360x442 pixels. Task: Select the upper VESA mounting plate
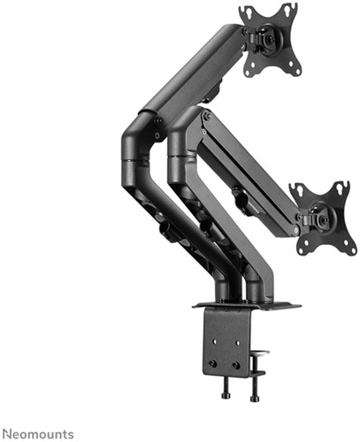point(269,40)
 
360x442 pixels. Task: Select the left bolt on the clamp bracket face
point(213,362)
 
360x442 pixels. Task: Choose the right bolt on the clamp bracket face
point(236,362)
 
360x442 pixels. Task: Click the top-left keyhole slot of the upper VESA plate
point(247,14)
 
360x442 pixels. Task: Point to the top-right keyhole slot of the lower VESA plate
point(341,187)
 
